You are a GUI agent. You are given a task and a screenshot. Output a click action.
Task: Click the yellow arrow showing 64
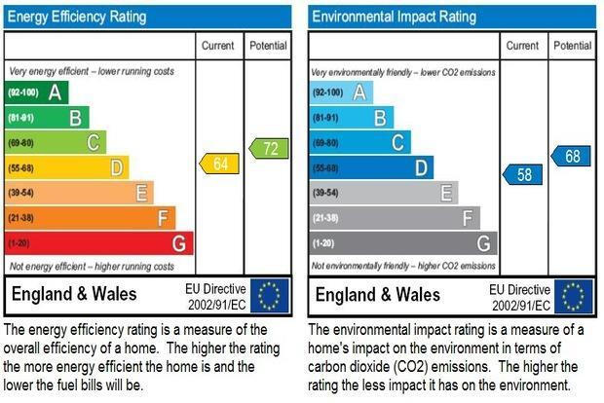[219, 164]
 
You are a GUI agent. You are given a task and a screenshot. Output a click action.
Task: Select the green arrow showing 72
[269, 149]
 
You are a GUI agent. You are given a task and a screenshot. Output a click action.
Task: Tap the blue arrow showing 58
[523, 174]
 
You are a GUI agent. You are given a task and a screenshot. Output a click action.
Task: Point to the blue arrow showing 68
[571, 156]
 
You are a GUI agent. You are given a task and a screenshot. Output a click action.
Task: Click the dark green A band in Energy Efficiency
[37, 92]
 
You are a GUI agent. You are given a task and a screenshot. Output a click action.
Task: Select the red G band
[99, 243]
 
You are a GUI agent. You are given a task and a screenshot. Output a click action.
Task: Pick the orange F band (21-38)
[91, 218]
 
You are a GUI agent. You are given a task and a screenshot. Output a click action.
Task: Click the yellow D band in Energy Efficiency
[67, 167]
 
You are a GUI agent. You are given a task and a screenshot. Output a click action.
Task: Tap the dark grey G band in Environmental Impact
[403, 243]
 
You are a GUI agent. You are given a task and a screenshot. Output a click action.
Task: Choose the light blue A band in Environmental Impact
[341, 92]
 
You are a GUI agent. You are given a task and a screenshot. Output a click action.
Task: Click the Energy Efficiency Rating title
[77, 17]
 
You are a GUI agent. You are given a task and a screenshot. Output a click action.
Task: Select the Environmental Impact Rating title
[395, 17]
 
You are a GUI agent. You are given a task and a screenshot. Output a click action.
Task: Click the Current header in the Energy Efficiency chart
[217, 46]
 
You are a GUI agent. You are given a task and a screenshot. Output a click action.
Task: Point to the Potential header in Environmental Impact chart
[573, 46]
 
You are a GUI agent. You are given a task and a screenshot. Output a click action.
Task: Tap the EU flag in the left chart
[269, 296]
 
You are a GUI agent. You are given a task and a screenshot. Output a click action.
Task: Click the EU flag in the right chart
[574, 296]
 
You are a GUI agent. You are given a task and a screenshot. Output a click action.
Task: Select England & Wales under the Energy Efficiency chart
[74, 294]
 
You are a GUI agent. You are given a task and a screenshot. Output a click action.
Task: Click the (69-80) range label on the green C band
[20, 143]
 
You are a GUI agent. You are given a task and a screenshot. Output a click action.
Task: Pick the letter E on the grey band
[446, 193]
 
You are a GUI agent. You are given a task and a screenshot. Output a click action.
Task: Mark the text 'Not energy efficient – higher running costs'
[92, 267]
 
